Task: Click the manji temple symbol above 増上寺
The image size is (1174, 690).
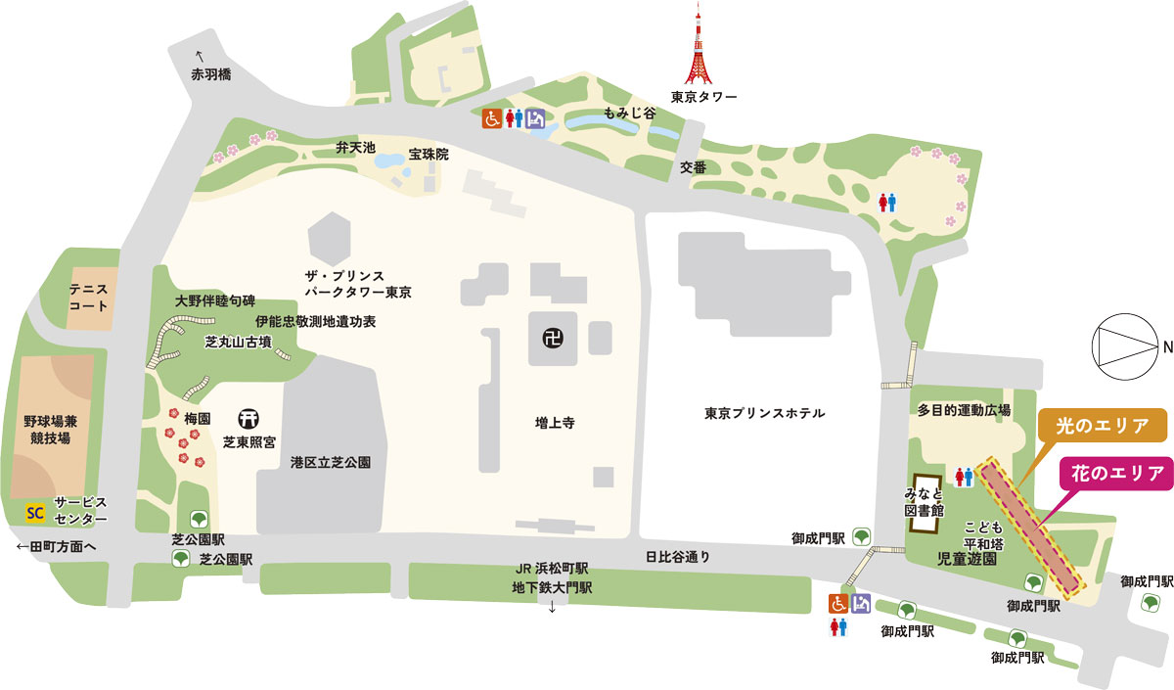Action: (552, 338)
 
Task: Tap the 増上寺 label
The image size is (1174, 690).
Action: (554, 423)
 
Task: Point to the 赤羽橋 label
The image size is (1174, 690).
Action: (211, 74)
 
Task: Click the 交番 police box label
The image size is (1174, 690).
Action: (694, 167)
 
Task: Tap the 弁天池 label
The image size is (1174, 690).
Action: (356, 148)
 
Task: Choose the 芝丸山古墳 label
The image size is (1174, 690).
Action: (238, 343)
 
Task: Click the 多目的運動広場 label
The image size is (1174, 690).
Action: (964, 409)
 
